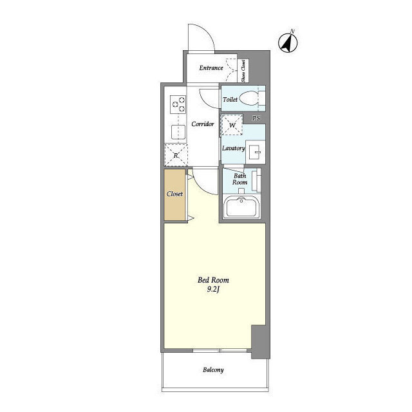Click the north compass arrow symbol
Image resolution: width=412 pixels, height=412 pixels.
pos(288,42)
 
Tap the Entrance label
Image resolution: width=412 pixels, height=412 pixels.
pos(211,68)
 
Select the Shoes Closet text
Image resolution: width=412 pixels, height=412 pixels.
pos(243,70)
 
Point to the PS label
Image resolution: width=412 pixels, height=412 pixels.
pos(256,118)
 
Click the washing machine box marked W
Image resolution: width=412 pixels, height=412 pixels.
pos(232,124)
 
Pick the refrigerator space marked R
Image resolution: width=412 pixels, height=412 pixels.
pos(176,155)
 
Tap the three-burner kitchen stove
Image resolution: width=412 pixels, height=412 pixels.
pos(178,104)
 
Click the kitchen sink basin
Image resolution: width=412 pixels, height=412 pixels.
pos(178,132)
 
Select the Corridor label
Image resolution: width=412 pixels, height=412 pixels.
pos(203,124)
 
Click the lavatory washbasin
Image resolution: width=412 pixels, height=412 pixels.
pos(255,152)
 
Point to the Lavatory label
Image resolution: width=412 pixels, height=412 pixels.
pos(233,148)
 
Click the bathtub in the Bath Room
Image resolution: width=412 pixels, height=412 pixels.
pos(241,207)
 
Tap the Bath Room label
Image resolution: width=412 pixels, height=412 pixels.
pos(239,179)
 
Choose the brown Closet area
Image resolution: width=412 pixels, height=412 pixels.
pos(174,194)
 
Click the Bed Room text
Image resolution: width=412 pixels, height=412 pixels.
pos(213,280)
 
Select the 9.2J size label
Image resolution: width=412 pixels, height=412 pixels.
pos(213,290)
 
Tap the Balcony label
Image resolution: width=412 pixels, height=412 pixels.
pos(213,370)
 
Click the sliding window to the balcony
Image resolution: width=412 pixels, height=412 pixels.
pos(220,350)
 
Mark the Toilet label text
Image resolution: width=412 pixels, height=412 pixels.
pos(230,99)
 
